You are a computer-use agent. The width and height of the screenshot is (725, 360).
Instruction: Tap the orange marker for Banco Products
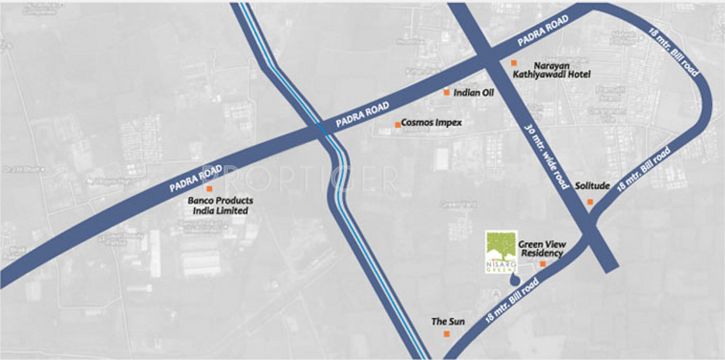point(209,188)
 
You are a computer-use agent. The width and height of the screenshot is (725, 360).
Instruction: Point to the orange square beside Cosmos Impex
point(397,124)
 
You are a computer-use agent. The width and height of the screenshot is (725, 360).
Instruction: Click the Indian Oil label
point(474,93)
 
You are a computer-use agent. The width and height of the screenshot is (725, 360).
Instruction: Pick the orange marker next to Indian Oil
point(447,93)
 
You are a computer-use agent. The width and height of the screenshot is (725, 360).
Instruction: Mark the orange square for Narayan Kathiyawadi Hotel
point(513,63)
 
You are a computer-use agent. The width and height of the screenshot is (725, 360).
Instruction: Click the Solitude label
point(592,185)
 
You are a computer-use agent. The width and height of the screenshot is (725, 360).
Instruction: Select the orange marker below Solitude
point(590,201)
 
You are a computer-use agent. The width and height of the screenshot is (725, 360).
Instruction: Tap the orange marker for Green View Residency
point(542,264)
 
